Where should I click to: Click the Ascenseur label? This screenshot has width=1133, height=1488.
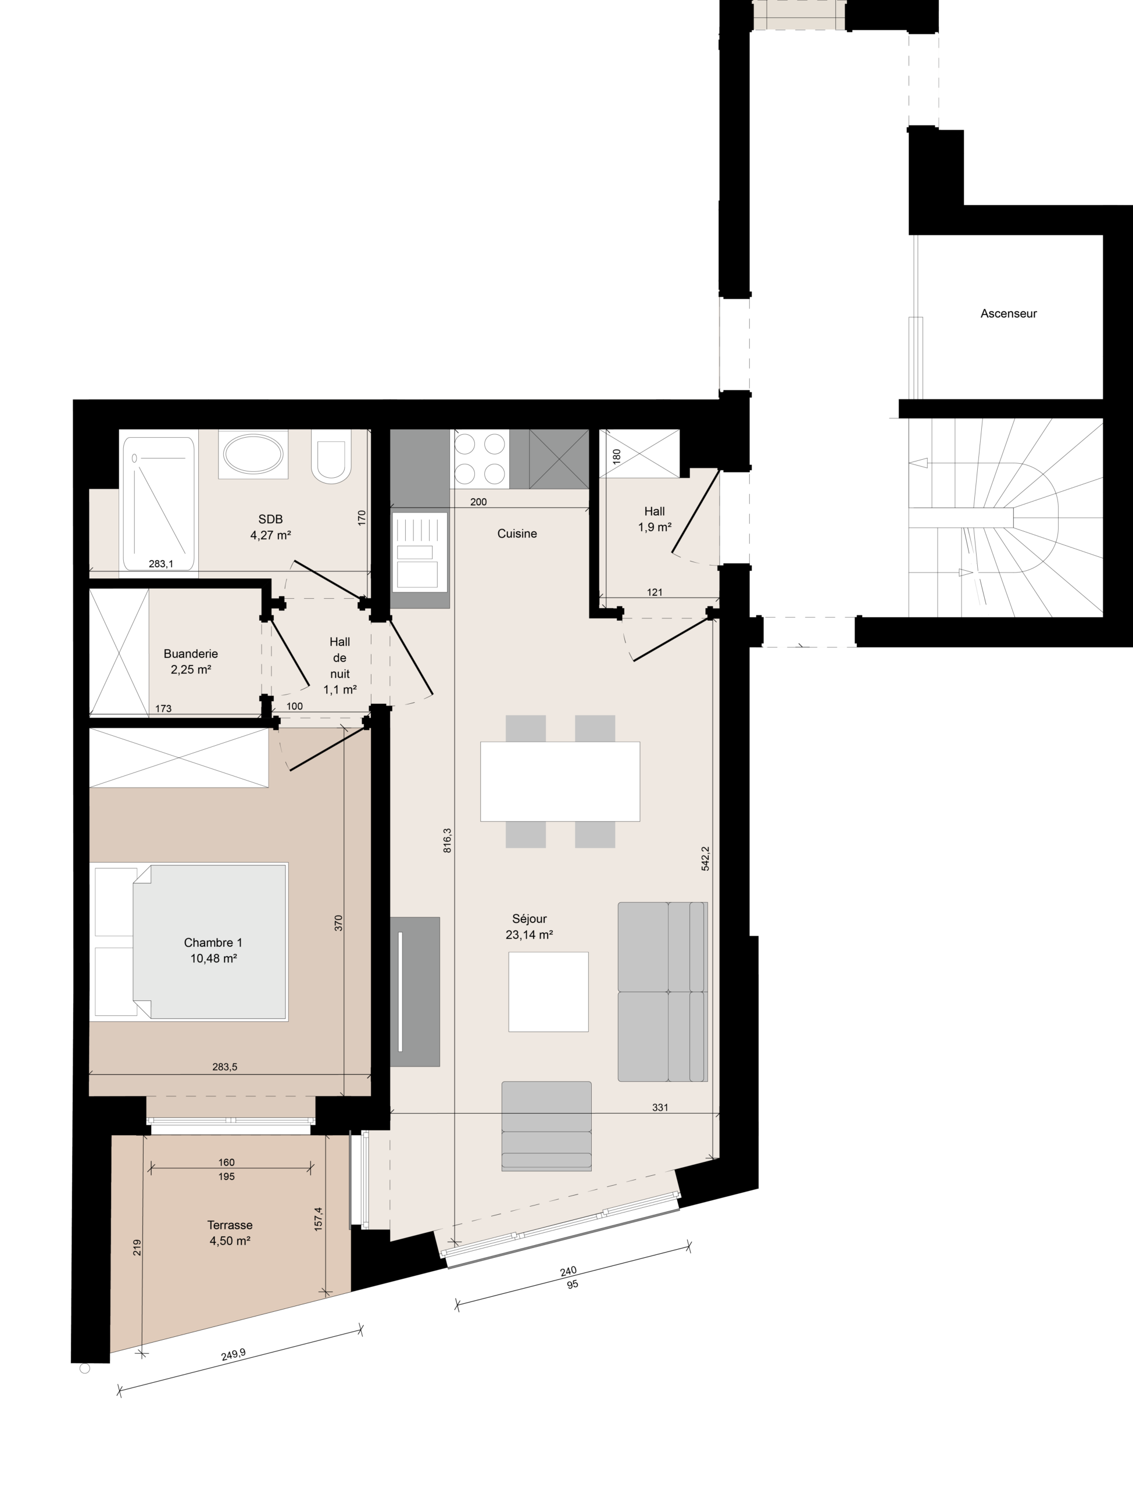[x=1008, y=313]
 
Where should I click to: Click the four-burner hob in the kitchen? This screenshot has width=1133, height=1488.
[x=480, y=459]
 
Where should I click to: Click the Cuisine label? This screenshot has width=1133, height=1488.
[x=517, y=534]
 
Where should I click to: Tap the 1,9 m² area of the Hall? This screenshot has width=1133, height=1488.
[x=655, y=528]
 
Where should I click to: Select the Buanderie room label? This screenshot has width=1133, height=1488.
[x=191, y=653]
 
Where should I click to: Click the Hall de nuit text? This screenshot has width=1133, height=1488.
[x=340, y=657]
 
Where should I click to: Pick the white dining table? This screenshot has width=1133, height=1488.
[x=560, y=781]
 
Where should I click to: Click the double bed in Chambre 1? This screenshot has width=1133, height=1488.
[x=191, y=941]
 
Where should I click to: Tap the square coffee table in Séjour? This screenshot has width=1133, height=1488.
[x=548, y=992]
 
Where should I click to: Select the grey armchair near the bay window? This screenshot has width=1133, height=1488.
[x=546, y=1126]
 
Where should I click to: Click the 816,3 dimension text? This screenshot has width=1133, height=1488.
[x=447, y=840]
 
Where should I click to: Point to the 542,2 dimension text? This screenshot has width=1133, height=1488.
[x=705, y=859]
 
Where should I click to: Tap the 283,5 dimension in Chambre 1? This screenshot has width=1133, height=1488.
[x=224, y=1067]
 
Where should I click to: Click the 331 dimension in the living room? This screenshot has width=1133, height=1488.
[x=660, y=1107]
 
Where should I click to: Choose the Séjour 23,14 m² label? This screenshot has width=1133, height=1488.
[x=530, y=927]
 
